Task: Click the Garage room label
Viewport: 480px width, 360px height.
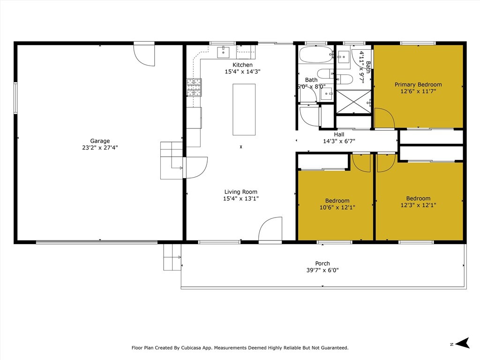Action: (100, 141)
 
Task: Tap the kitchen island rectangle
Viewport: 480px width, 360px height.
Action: (244, 110)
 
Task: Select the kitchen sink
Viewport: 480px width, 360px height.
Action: (224, 52)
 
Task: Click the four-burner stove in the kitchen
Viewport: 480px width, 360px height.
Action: (194, 87)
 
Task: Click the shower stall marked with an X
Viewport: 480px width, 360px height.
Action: (354, 102)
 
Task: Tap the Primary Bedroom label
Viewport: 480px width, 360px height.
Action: (418, 85)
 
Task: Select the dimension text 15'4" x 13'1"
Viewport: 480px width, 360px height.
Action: (241, 199)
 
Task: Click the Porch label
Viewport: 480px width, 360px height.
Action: (322, 263)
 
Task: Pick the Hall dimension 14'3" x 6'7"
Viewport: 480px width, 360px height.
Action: (339, 141)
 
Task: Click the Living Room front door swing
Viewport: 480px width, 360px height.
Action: (270, 230)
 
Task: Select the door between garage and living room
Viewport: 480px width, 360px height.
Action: (195, 167)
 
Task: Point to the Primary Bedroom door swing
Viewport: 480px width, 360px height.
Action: (384, 119)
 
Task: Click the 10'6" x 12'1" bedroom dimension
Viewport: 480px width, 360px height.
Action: (337, 208)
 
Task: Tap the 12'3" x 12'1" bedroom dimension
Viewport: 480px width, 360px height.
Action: (419, 205)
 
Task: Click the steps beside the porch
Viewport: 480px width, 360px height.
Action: (172, 257)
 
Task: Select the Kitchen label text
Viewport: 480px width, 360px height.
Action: (242, 65)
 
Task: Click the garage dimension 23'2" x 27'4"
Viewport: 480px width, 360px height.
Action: (100, 148)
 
